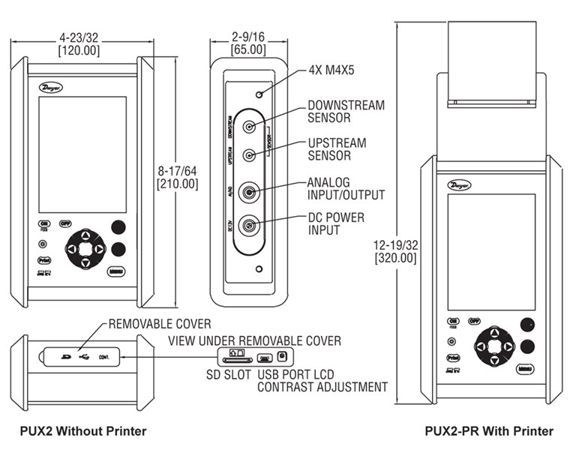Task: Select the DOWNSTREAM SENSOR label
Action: [346, 112]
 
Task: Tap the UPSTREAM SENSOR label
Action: [337, 149]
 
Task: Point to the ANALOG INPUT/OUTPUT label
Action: [346, 189]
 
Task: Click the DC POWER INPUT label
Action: [335, 223]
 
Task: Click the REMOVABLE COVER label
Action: [160, 324]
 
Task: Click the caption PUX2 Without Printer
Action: [84, 430]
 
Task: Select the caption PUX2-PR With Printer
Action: [489, 430]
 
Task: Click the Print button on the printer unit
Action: [452, 358]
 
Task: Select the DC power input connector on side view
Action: [248, 223]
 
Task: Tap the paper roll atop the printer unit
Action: [491, 64]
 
